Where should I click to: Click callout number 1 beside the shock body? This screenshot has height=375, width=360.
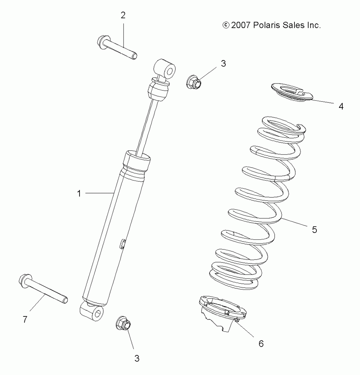coord(79,193)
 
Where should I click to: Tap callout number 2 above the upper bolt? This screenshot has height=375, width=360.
coord(123,15)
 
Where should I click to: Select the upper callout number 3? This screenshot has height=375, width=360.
coord(223,64)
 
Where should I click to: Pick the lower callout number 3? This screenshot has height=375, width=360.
coord(137,358)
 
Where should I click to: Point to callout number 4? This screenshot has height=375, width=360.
coord(341,106)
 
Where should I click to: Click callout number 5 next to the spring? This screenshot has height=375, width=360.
coord(314,229)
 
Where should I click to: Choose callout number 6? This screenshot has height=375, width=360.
coord(261,343)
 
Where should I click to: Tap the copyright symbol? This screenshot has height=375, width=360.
coord(226,25)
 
